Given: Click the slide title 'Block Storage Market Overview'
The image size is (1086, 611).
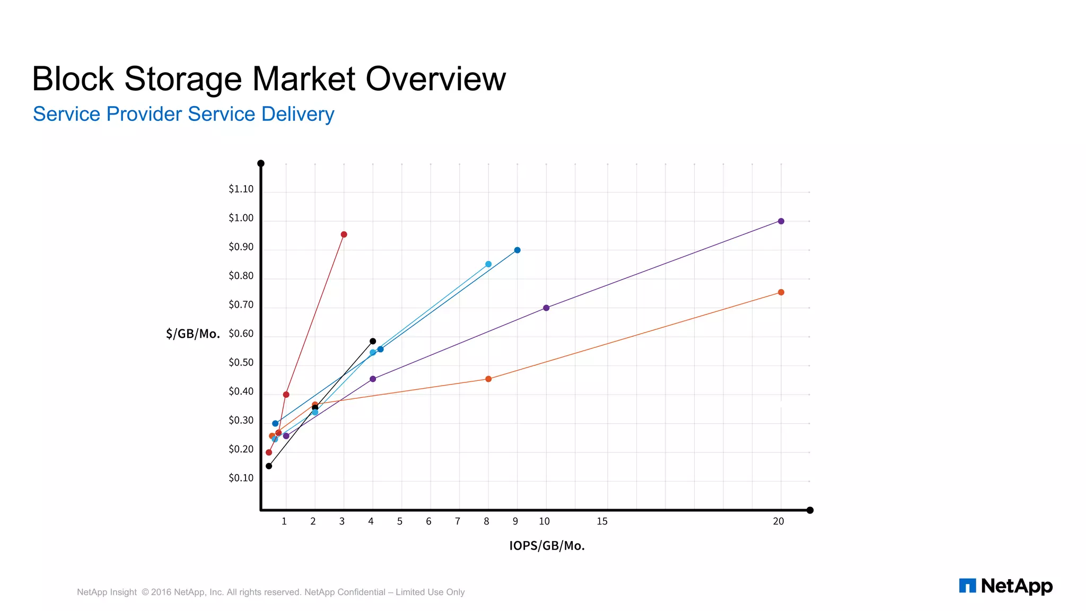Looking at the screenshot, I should click(269, 80).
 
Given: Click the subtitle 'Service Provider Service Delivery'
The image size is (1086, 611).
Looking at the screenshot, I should click(183, 115).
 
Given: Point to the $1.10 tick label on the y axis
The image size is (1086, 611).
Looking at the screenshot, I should click(241, 189).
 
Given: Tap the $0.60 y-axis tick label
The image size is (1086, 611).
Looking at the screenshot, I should click(241, 334).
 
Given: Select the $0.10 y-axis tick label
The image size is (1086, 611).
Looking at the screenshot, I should click(241, 478).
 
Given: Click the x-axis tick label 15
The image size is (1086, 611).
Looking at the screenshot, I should click(602, 521).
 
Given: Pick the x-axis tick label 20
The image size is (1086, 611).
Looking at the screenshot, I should click(778, 521).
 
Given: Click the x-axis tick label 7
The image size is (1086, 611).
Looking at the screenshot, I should click(458, 521).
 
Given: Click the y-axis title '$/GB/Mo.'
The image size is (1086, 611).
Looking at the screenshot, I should click(192, 334).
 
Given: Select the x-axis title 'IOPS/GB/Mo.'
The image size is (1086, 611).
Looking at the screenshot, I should click(547, 546).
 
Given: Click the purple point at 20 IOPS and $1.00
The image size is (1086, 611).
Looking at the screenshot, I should click(781, 221).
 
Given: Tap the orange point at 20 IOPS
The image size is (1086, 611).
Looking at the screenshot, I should click(781, 292).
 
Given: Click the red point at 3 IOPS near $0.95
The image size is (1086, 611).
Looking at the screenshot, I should click(344, 234).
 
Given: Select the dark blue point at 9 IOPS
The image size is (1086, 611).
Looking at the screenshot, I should click(517, 250).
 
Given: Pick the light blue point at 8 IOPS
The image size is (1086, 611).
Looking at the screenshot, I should click(488, 264).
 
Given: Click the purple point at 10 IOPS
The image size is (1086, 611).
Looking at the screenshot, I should click(546, 308).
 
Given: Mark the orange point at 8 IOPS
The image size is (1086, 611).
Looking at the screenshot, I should click(488, 379).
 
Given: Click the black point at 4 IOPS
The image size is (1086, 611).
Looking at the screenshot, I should click(373, 342).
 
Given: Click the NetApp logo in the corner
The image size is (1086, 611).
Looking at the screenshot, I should click(1005, 586).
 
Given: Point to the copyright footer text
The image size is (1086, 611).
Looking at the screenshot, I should click(270, 592).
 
